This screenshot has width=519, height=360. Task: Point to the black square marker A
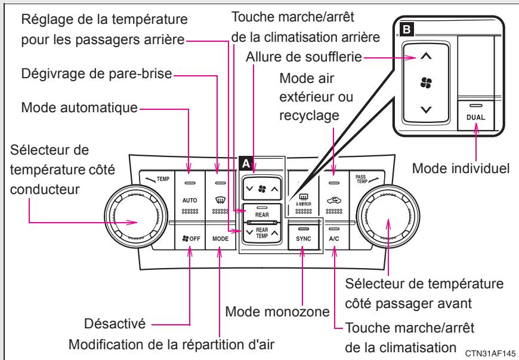click(244, 162)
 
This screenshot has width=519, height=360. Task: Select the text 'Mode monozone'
click(278, 311)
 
